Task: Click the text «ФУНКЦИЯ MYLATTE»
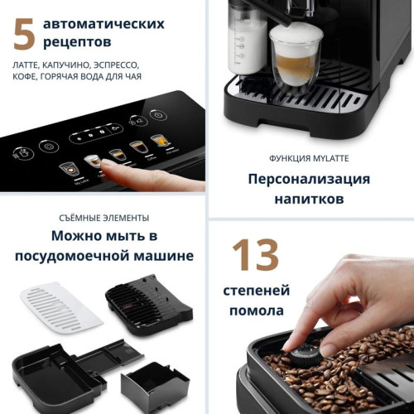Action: pos(310,157)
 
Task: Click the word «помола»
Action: pos(255,311)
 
